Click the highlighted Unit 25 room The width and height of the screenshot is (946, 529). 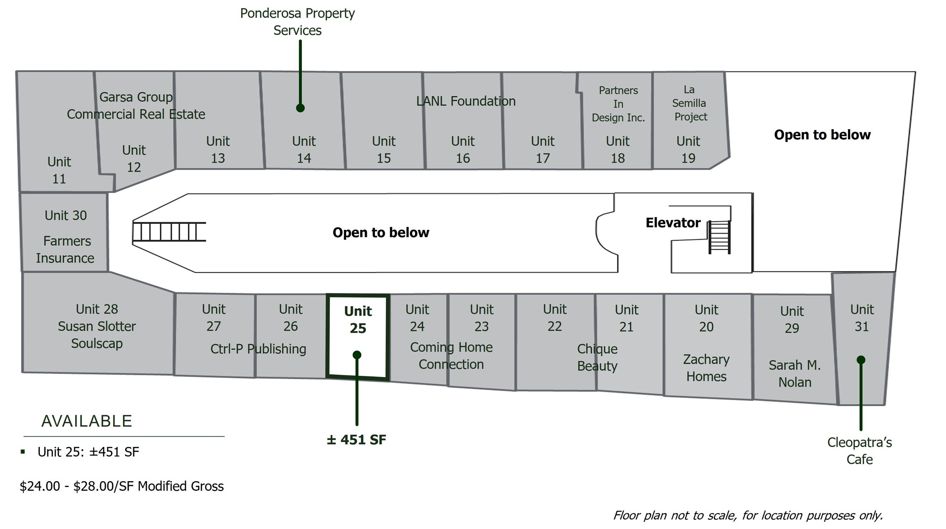[x=357, y=337]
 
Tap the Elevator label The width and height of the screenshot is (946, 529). [x=673, y=223]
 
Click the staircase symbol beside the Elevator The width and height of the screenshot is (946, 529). [x=719, y=237]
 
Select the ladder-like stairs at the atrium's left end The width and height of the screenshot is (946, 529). [x=169, y=232]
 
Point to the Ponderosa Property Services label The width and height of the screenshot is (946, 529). [x=297, y=22]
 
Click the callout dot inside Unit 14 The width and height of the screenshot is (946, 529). [x=300, y=108]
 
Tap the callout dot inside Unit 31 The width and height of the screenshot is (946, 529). [x=861, y=360]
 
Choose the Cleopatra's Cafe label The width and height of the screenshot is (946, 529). [x=859, y=451]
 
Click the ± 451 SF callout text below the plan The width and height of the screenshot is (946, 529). [x=356, y=440]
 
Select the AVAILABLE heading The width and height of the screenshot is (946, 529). [x=87, y=421]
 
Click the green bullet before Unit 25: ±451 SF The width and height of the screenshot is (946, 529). [x=23, y=452]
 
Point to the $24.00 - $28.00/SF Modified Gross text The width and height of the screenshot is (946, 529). [x=122, y=486]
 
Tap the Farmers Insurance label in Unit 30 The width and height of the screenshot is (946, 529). [x=65, y=250]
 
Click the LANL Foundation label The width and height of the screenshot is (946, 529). [x=466, y=101]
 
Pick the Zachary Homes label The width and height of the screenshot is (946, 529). [x=706, y=368]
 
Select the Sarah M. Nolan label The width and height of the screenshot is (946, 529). [x=794, y=374]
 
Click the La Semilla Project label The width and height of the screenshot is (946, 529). [x=689, y=103]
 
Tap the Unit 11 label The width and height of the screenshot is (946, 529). [x=59, y=170]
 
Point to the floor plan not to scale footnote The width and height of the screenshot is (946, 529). [x=748, y=515]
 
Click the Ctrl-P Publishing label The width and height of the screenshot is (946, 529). [x=258, y=349]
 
